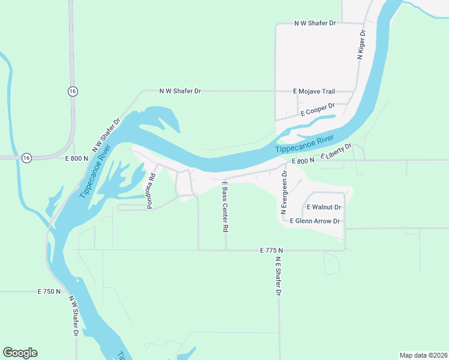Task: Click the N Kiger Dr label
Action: [361, 44]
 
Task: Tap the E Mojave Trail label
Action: [314, 91]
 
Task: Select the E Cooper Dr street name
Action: [318, 110]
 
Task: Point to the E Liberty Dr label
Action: [336, 151]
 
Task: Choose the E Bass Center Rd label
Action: [226, 207]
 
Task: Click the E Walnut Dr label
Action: [324, 207]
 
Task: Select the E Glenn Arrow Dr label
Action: [315, 221]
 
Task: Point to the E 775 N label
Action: [271, 250]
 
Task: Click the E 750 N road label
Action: [49, 292]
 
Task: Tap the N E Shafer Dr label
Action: [279, 277]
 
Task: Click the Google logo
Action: [20, 353]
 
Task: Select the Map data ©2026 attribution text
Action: [423, 355]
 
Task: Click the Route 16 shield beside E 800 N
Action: [26, 157]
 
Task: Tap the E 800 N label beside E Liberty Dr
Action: [303, 161]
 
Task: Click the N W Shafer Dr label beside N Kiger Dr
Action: [315, 23]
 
